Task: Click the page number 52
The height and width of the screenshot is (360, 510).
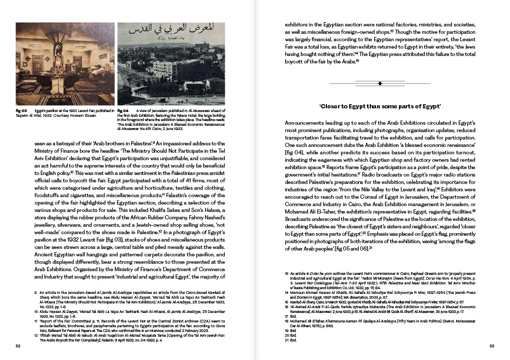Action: [18, 347]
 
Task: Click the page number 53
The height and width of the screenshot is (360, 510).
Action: [491, 347]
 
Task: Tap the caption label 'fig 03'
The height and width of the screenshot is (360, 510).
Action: [22, 110]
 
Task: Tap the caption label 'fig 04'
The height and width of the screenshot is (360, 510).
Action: [123, 110]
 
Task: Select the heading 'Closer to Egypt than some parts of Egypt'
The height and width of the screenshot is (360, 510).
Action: [380, 107]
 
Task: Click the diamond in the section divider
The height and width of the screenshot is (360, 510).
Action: [380, 83]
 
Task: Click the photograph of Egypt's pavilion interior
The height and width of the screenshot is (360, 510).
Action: [65, 64]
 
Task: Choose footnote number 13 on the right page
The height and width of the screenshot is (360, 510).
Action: [286, 273]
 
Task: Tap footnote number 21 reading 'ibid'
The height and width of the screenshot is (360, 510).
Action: [286, 340]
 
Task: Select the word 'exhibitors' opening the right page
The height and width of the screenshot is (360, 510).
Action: [298, 24]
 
